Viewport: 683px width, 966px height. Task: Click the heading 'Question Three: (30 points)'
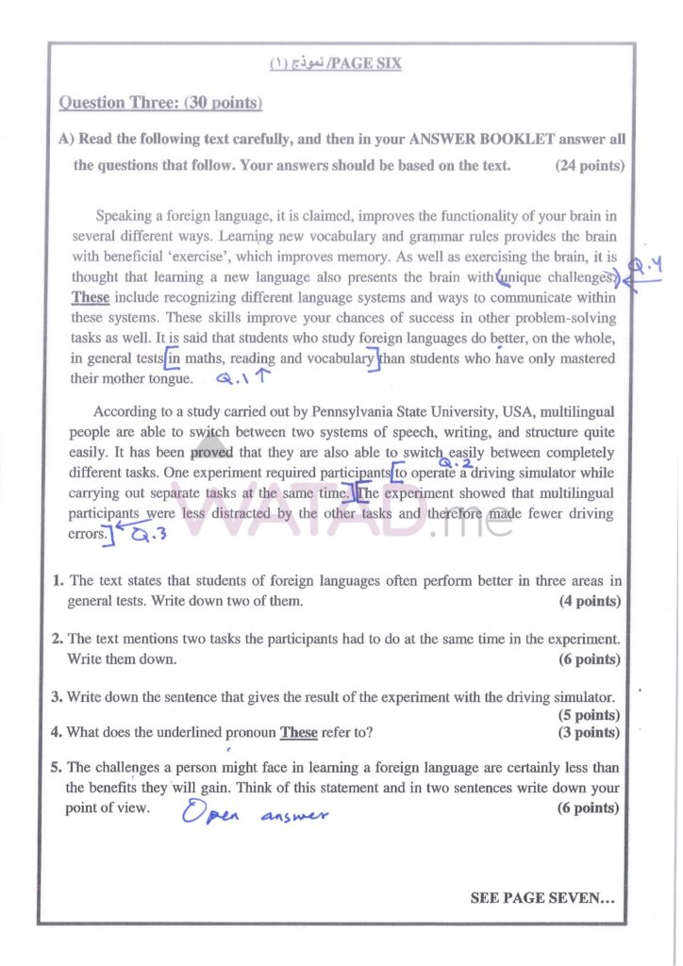point(160,102)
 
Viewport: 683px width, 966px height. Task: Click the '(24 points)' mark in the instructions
point(590,165)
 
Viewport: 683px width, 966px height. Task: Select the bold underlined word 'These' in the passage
point(91,297)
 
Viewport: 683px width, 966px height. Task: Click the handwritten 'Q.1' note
point(234,379)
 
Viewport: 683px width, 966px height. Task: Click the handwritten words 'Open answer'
point(256,813)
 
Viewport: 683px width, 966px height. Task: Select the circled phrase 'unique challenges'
point(557,277)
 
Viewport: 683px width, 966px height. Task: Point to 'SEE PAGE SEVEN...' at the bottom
point(542,899)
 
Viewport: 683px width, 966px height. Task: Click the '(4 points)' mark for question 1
point(590,601)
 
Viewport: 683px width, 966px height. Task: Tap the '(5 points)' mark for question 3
point(590,715)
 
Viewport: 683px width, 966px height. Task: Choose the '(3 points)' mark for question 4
point(590,732)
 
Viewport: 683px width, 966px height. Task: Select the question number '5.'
point(57,767)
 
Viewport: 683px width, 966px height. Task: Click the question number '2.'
point(57,640)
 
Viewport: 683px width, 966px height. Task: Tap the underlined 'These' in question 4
point(299,733)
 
